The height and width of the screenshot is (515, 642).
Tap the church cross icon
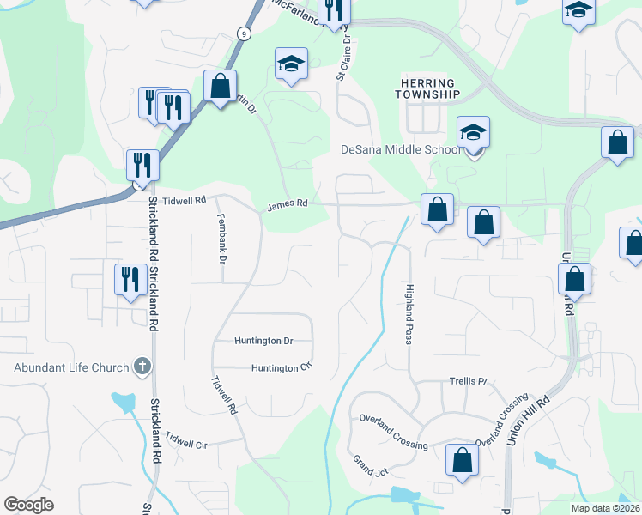click(142, 367)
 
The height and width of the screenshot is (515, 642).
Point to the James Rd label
click(287, 204)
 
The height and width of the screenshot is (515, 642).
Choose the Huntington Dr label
click(263, 341)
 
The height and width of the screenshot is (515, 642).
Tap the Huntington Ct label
click(280, 368)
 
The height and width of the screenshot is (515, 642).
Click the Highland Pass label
click(409, 314)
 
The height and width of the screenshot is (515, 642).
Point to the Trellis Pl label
click(468, 380)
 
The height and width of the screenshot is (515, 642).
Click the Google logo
click(28, 505)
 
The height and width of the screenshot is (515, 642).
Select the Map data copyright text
click(605, 508)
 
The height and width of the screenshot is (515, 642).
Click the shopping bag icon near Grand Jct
click(462, 460)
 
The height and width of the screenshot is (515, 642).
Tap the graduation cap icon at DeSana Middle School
click(473, 132)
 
